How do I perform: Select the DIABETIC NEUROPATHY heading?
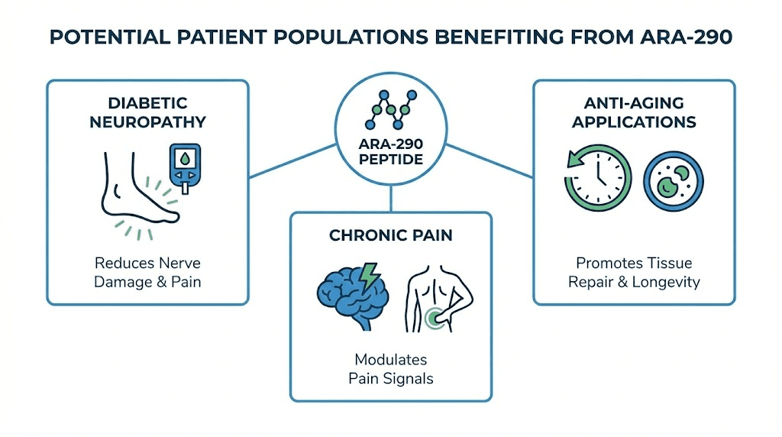[x=147, y=112]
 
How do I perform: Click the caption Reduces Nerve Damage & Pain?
[x=147, y=272]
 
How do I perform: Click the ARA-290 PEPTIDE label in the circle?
[x=391, y=153]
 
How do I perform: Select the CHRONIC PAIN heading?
[x=391, y=235]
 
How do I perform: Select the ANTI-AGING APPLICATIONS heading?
[x=634, y=112]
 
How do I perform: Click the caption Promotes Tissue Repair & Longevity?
[x=634, y=272]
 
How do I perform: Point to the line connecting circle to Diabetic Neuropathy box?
[x=293, y=161]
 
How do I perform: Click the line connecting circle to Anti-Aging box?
[x=489, y=161]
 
